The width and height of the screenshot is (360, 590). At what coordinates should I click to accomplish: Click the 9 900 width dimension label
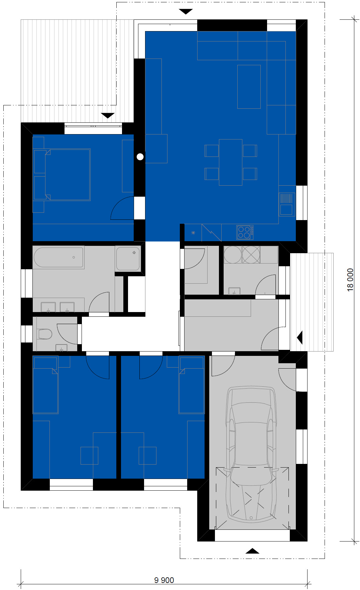click(164, 580)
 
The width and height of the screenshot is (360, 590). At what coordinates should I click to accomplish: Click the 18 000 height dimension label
click(350, 280)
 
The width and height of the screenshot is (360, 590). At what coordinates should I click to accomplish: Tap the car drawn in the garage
click(251, 454)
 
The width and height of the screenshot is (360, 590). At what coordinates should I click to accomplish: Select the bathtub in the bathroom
click(58, 257)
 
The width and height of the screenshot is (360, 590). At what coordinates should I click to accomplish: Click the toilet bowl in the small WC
click(45, 334)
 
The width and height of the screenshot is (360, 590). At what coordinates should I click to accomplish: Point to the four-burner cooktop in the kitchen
click(245, 232)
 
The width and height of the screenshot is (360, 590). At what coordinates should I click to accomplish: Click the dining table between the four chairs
click(231, 162)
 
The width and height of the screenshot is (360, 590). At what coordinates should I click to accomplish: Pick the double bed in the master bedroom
click(62, 175)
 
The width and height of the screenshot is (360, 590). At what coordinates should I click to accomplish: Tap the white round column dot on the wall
click(140, 157)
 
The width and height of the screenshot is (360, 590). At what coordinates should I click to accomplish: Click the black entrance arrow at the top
click(186, 12)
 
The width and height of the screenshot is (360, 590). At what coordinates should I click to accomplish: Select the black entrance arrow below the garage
click(252, 551)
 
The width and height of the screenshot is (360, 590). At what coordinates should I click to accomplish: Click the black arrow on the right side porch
click(300, 337)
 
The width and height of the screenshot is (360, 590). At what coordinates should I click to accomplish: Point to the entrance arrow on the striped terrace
click(108, 116)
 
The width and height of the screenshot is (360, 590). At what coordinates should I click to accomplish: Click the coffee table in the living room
click(249, 87)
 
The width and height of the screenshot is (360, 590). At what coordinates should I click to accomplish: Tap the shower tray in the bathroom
click(128, 259)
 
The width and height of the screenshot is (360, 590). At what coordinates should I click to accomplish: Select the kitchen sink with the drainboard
click(287, 204)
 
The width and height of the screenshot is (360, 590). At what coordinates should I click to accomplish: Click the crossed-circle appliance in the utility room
click(251, 255)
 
